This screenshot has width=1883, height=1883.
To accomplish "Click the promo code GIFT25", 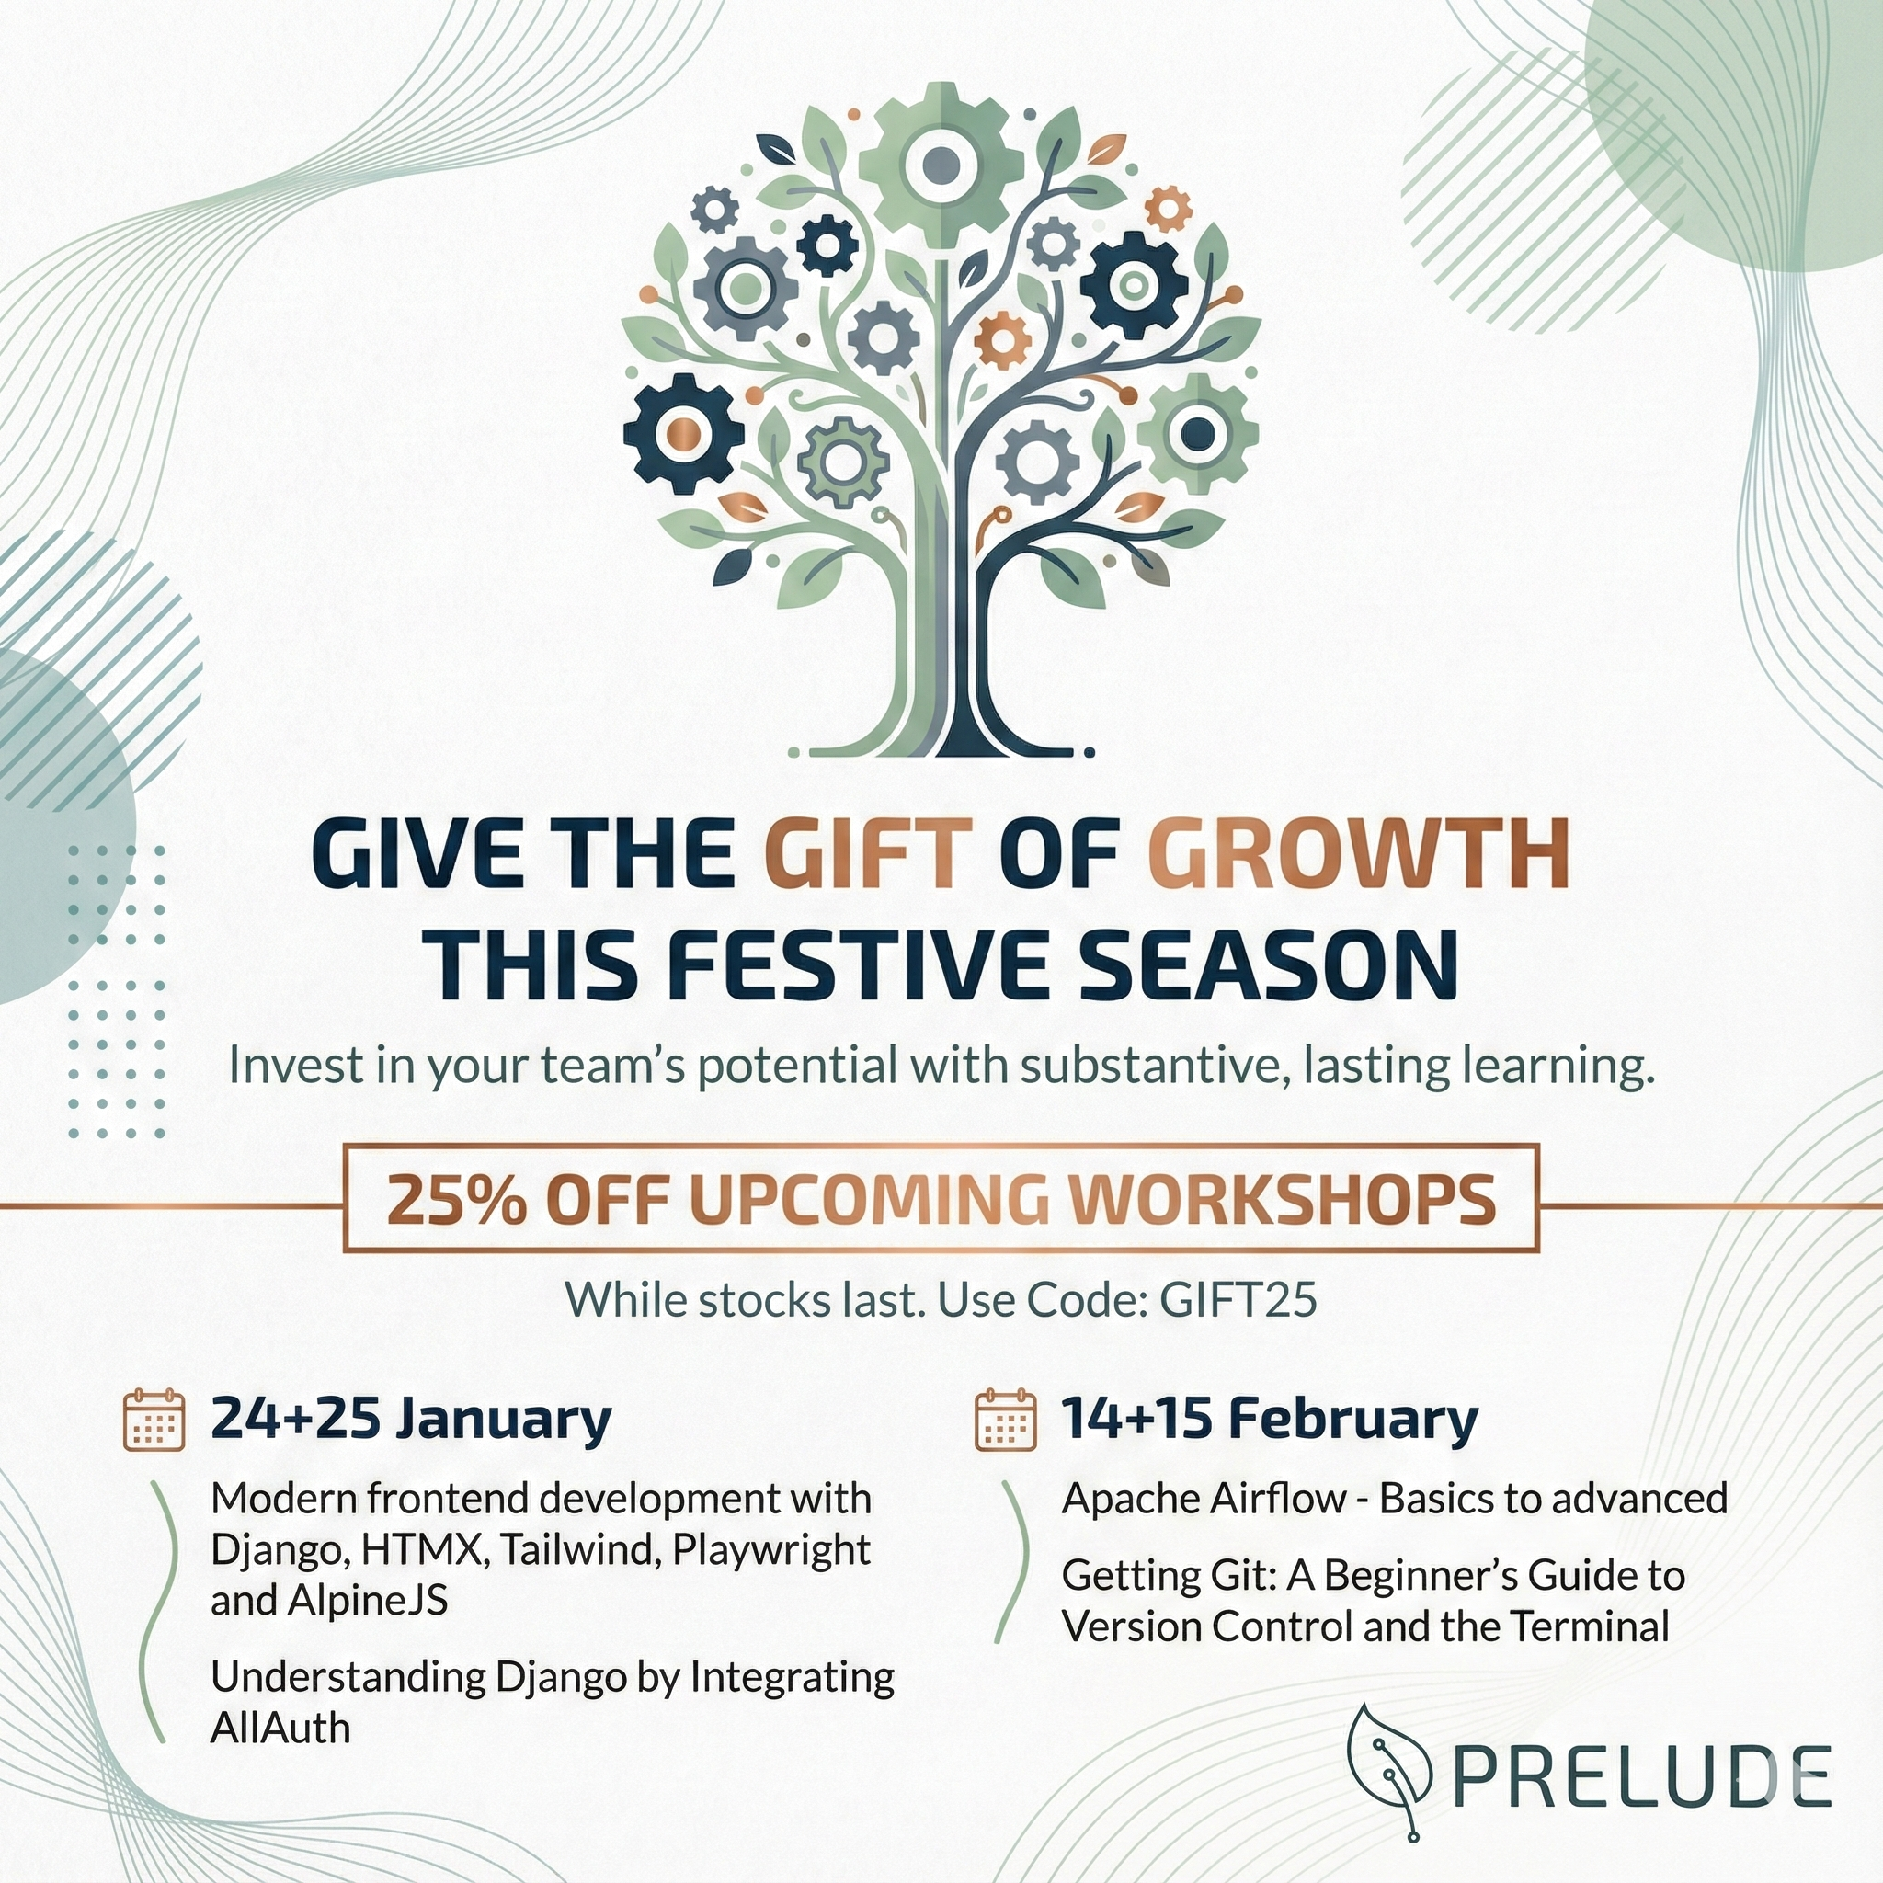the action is tap(1238, 1299).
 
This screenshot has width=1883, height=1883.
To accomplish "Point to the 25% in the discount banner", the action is tap(457, 1200).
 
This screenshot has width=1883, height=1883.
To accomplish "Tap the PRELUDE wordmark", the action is tap(1643, 1778).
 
